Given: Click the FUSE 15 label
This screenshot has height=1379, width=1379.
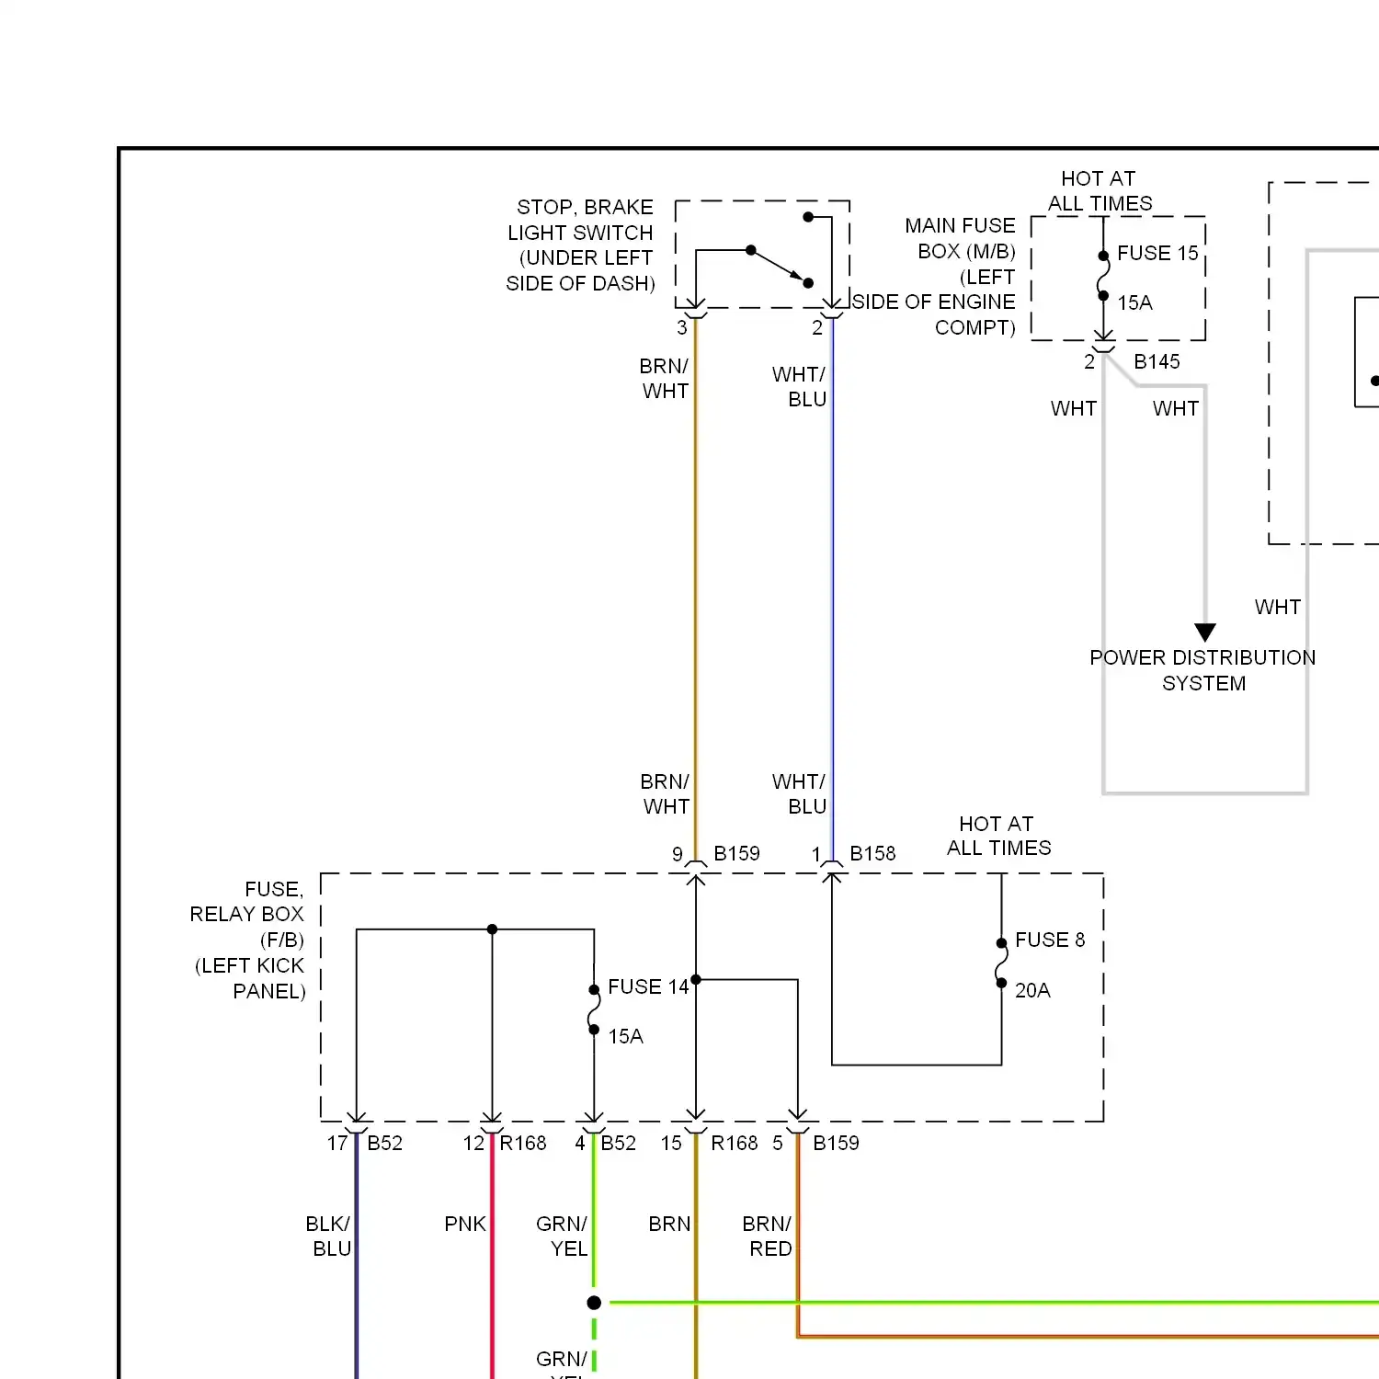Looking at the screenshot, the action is pos(1157,253).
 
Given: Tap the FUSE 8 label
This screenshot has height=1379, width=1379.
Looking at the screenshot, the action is pos(1050,940).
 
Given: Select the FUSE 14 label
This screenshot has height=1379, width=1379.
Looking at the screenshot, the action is pos(648,986).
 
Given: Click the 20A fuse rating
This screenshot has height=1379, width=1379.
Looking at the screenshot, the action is pos(1032,990).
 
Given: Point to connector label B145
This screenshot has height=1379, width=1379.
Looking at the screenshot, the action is pos(1157,361).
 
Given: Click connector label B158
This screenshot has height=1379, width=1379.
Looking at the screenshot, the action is pos(872,853).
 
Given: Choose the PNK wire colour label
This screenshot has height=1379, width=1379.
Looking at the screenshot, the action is pos(465,1224).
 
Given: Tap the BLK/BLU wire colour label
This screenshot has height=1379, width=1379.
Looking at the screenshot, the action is pos(328,1237).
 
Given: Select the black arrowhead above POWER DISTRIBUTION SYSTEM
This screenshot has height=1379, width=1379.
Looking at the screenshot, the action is pos(1205,633).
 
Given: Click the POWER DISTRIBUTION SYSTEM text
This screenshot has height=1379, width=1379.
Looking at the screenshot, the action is pos(1202,670).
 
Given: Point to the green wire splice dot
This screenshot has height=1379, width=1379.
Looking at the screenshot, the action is pos(594,1303).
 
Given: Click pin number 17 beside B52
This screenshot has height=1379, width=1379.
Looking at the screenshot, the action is pos(337,1143).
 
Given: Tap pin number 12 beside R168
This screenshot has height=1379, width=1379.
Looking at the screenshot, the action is pos(473,1143).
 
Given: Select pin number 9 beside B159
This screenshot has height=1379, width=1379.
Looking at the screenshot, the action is pos(678,854).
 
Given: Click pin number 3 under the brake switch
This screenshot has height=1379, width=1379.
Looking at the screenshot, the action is pos(682,327).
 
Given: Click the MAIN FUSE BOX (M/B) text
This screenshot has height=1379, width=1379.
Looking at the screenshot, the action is pos(960,238).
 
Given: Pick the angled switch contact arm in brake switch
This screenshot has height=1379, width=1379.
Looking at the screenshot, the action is pos(780,267).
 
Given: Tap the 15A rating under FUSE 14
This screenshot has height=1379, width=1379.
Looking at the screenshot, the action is pos(625,1036).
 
